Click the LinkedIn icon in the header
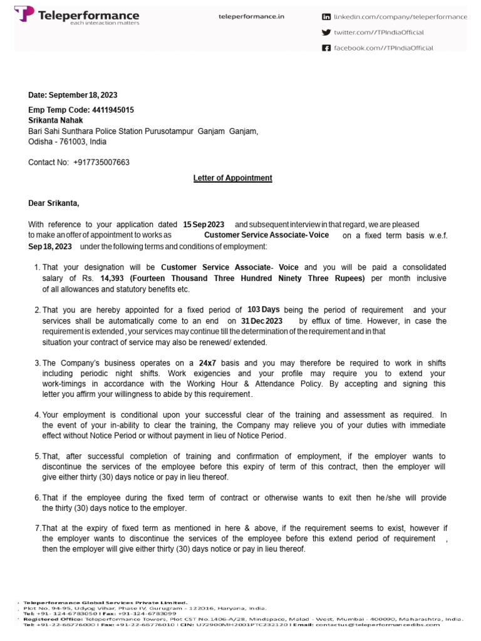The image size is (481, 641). tap(326, 17)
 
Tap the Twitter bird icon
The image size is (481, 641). tap(326, 33)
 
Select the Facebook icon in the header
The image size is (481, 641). tap(326, 48)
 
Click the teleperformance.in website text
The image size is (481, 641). tap(251, 17)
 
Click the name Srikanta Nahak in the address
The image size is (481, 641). tap(55, 120)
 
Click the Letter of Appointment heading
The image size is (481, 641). tap(232, 178)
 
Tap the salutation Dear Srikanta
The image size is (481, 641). tap(54, 203)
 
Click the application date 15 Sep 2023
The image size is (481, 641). tap(203, 225)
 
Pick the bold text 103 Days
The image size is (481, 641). tap(263, 310)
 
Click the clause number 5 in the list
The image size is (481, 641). tap(37, 456)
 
